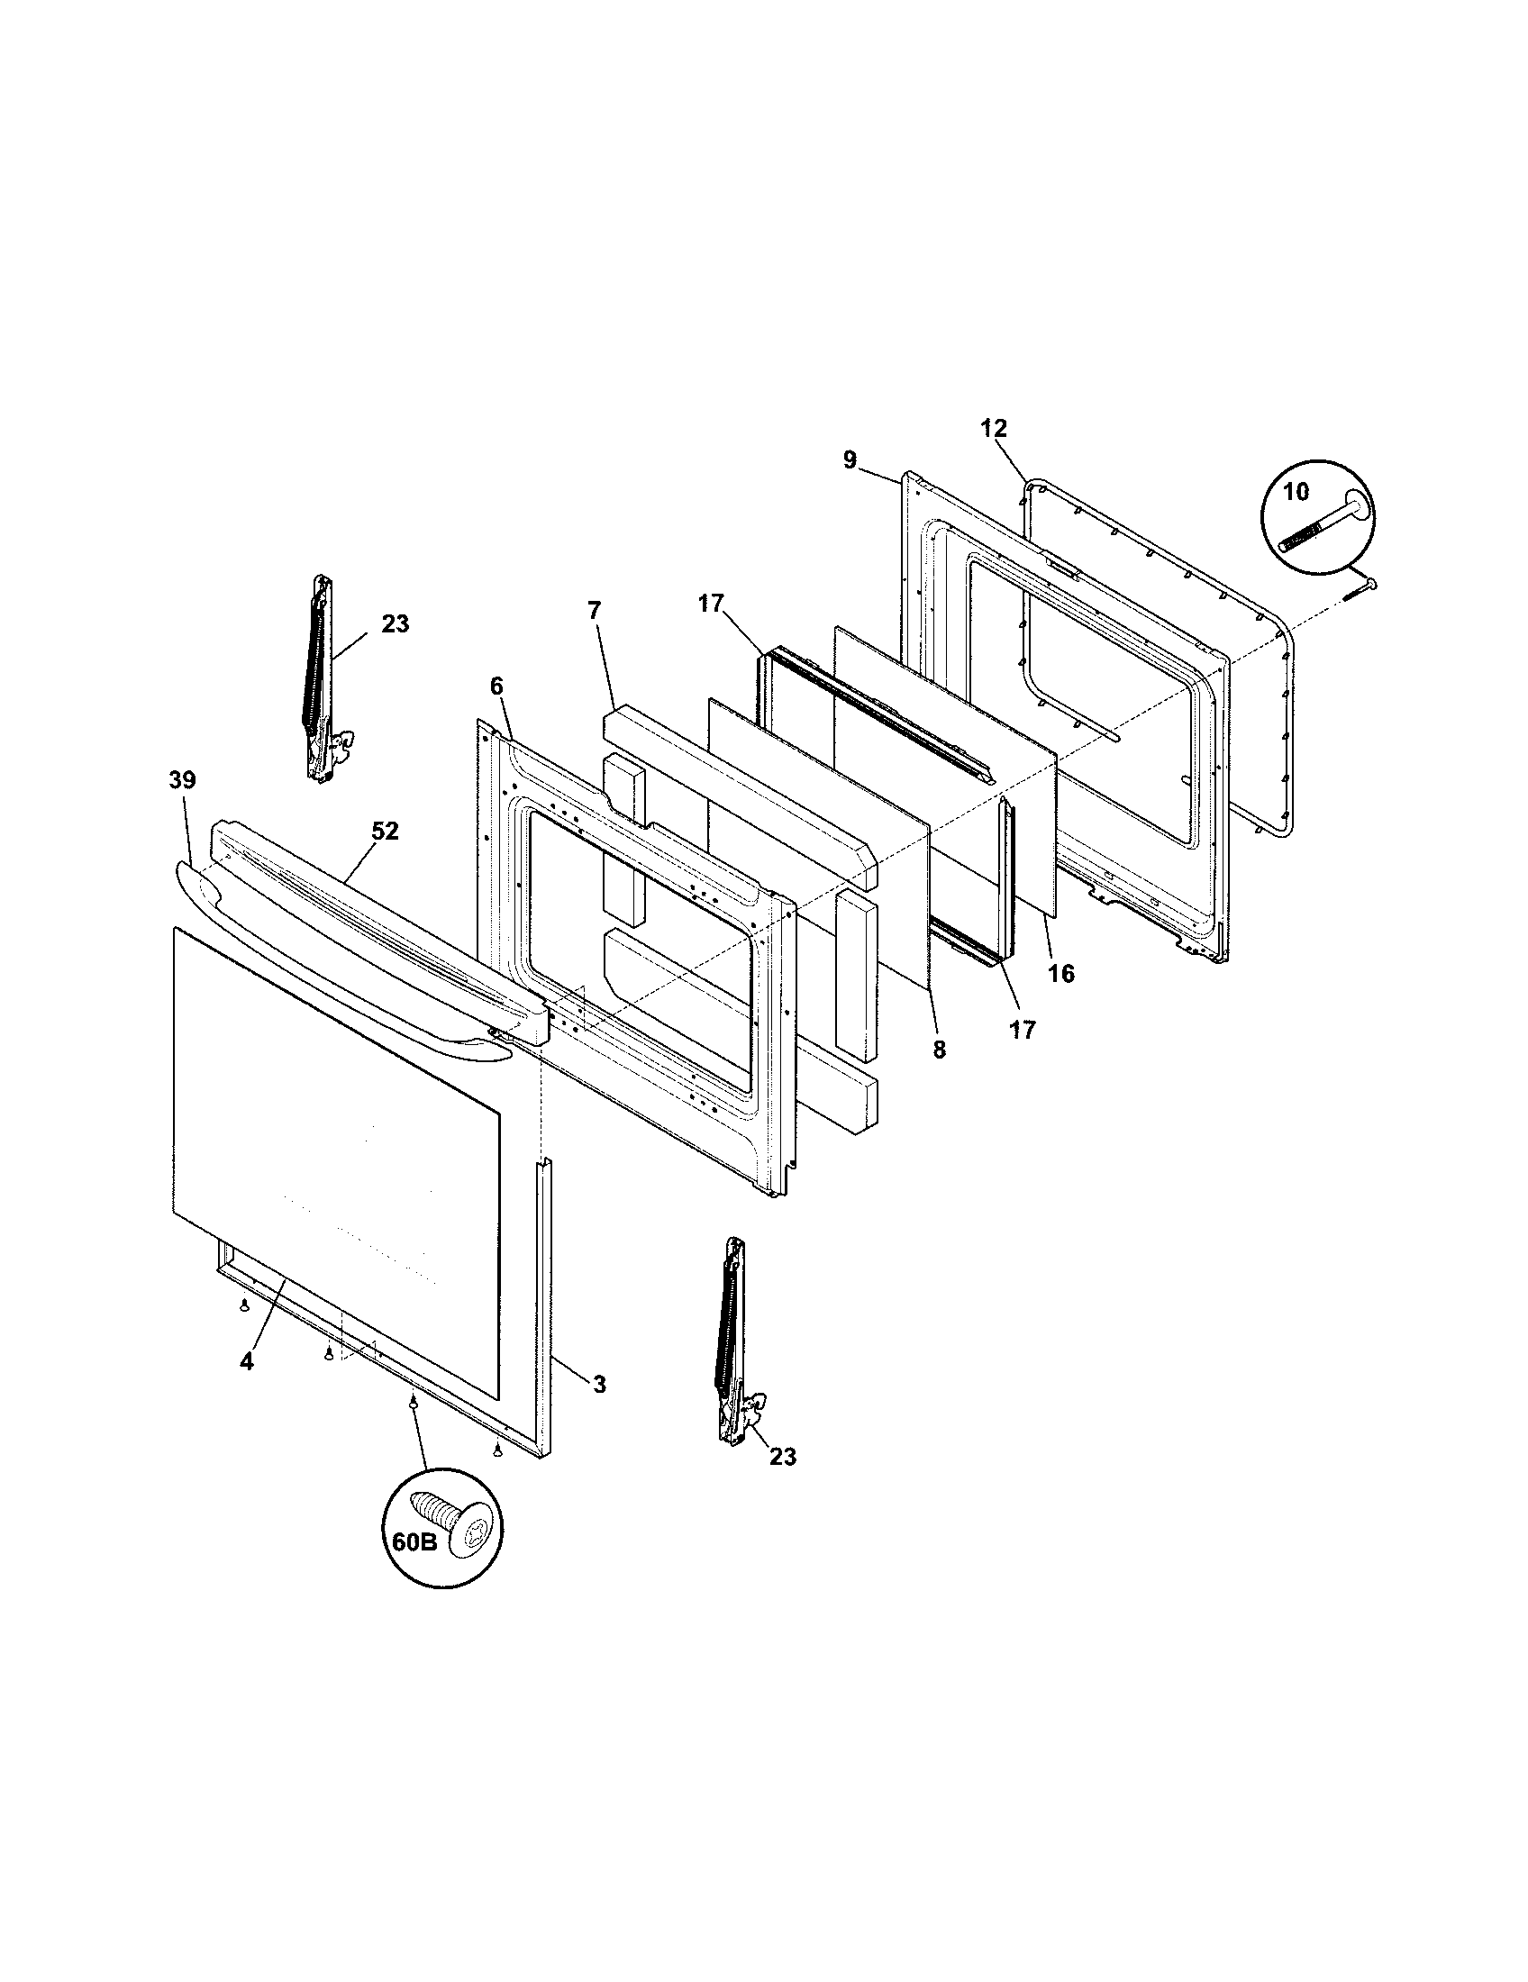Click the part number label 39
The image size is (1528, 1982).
point(181,779)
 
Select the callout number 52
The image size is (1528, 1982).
point(385,832)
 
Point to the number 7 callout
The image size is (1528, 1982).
point(594,611)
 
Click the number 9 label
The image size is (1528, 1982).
point(850,460)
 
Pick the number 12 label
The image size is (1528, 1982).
point(994,428)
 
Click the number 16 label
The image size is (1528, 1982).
point(1060,975)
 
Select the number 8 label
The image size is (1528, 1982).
point(939,1050)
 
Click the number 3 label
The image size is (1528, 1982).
point(599,1384)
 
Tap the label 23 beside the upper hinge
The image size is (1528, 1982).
point(395,624)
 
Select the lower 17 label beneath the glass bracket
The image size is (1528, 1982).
point(1023,1031)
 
